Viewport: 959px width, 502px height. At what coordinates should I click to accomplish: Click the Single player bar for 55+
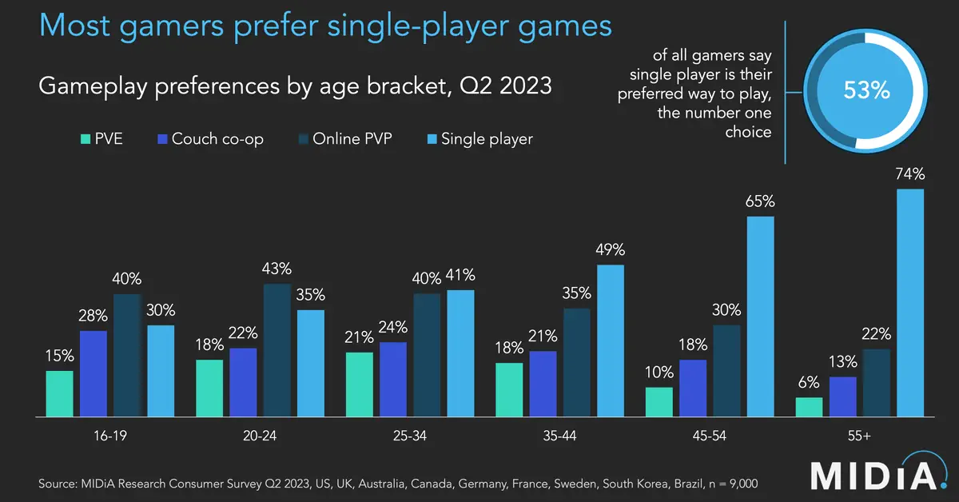click(910, 303)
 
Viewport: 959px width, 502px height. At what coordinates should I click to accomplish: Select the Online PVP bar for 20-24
click(277, 350)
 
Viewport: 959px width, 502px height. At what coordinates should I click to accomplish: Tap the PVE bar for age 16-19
click(59, 393)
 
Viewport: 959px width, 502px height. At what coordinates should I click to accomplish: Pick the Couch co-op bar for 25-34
click(393, 379)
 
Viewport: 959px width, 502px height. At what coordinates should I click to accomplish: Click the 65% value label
click(760, 201)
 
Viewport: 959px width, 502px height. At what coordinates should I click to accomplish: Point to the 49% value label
click(610, 250)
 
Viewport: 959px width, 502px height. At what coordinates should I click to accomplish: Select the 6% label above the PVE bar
click(809, 383)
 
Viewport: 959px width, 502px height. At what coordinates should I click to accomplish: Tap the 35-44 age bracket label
click(559, 437)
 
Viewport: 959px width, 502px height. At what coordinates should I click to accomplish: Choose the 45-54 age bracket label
click(710, 437)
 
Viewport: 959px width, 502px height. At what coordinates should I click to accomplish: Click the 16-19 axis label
click(109, 437)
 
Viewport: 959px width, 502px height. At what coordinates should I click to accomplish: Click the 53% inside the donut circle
click(867, 90)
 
